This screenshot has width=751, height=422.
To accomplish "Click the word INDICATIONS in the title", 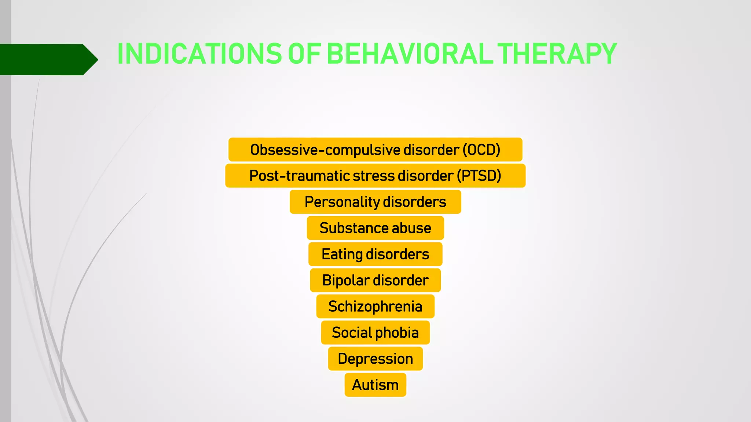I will [x=199, y=54].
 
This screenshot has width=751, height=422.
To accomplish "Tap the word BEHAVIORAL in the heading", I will [x=409, y=54].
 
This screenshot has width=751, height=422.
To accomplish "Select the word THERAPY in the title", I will [x=557, y=54].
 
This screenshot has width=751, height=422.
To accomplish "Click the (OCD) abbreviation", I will [x=481, y=150].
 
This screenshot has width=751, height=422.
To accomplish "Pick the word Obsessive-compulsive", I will [x=325, y=150].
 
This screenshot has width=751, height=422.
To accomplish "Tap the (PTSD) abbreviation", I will [x=479, y=176].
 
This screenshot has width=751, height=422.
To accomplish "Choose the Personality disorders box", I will [x=375, y=202].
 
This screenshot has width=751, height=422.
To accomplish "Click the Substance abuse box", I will [x=375, y=228].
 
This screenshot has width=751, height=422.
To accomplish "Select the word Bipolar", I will [x=345, y=280].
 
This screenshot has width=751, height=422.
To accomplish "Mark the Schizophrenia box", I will [x=375, y=306].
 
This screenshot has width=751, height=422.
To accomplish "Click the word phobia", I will [x=397, y=333].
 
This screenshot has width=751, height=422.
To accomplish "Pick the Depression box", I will [x=375, y=359].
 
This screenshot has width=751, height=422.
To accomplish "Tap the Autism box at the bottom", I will [x=375, y=385].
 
